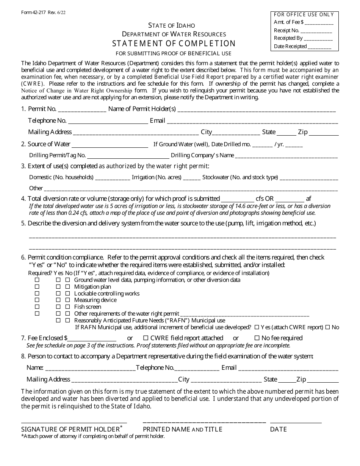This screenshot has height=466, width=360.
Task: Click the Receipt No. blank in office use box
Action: pyautogui.click(x=317, y=31)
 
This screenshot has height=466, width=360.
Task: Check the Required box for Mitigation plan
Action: pyautogui.click(x=37, y=287)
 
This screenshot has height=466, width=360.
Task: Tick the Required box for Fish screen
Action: pyautogui.click(x=37, y=307)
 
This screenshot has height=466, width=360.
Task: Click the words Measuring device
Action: pyautogui.click(x=95, y=300)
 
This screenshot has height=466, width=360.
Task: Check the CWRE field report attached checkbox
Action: pyautogui.click(x=146, y=338)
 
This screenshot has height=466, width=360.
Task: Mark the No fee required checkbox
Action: pyautogui.click(x=257, y=338)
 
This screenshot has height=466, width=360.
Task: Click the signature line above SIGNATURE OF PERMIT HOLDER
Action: pyautogui.click(x=74, y=422)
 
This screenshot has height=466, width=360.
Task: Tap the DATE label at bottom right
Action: pyautogui.click(x=279, y=429)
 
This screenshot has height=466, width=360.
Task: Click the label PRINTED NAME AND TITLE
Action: pyautogui.click(x=182, y=429)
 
